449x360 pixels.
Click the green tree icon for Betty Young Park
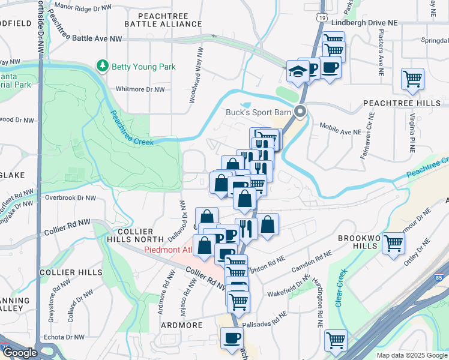(103, 65)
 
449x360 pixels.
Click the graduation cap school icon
(297, 71)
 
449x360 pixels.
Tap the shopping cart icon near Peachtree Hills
(412, 79)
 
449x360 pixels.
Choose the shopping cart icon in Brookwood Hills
(393, 244)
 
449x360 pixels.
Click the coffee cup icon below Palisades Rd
(232, 338)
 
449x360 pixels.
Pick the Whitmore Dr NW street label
(140, 89)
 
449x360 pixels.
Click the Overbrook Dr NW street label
(70, 197)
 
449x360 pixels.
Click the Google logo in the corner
(20, 353)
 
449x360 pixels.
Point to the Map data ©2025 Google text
(411, 355)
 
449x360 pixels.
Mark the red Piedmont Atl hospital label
(169, 250)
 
